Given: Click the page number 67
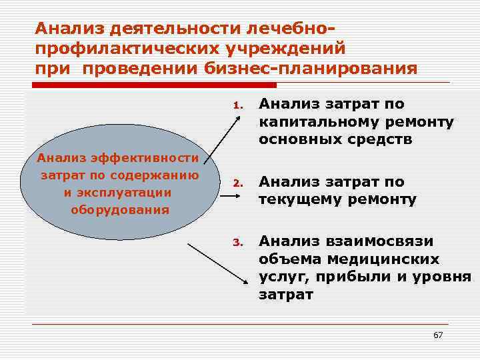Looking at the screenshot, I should (438, 335).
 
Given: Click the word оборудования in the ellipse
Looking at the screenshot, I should (119, 209).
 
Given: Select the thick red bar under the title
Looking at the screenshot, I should (153, 85).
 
